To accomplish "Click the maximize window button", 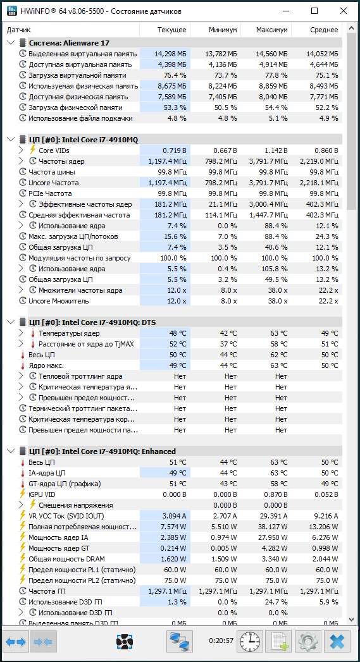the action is (x=314, y=11).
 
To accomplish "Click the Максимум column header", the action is (x=271, y=30).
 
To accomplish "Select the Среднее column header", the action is (x=323, y=30).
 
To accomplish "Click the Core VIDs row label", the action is (x=54, y=150).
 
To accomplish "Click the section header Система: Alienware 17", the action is (x=70, y=43).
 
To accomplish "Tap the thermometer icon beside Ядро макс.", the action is (x=23, y=365).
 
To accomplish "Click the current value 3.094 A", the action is (x=173, y=516).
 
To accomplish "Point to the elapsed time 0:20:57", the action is (x=221, y=641).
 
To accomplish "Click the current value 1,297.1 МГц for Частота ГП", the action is (x=167, y=591).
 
